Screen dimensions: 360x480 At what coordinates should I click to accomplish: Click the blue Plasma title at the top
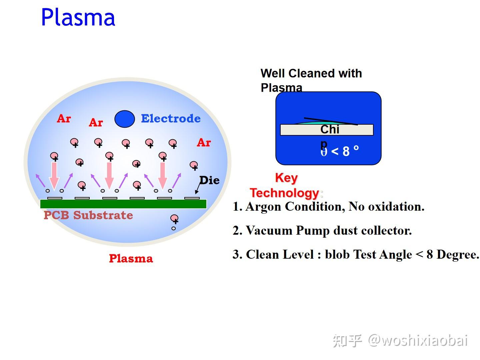coord(78,17)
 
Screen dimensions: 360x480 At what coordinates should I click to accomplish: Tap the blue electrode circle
coord(125,119)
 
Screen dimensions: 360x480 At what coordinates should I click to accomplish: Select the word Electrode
coord(171,119)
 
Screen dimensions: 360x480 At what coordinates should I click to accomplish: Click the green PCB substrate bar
coord(123,204)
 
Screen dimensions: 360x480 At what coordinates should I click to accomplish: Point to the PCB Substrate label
coord(88,215)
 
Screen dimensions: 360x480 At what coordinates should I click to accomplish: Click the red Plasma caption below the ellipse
coord(131,259)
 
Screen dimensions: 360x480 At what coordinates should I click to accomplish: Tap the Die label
coord(209,180)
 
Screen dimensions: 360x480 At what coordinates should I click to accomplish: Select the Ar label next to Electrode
coord(96,123)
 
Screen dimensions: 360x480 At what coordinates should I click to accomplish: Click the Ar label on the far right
coord(204,143)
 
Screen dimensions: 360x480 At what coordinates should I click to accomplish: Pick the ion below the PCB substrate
coord(174,219)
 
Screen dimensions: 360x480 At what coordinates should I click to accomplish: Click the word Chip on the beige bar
coord(330,130)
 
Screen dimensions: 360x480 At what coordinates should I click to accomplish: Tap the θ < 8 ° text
coord(340,151)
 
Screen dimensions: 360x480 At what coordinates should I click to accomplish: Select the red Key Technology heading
coord(286,185)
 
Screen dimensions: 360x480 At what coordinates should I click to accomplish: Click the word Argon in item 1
coord(265,207)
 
